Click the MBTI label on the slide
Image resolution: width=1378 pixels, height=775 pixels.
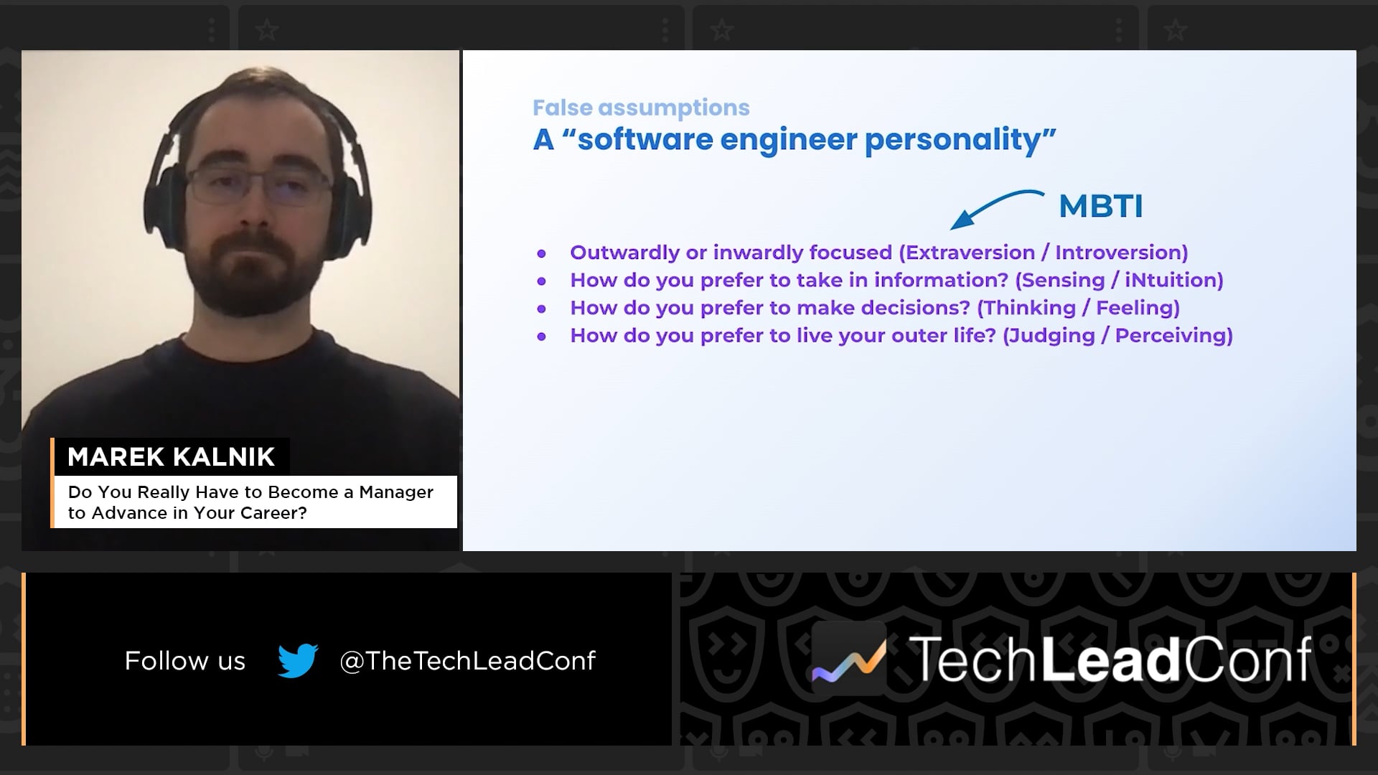(x=1100, y=207)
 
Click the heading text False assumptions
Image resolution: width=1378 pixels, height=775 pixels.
(x=641, y=108)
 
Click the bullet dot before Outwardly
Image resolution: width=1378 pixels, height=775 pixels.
(x=542, y=253)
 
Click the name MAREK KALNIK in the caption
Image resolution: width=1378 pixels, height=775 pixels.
(x=171, y=457)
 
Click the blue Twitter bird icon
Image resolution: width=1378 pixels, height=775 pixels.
(x=298, y=660)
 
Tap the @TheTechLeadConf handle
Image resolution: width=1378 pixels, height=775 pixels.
(x=467, y=661)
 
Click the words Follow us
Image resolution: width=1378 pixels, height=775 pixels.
(x=185, y=661)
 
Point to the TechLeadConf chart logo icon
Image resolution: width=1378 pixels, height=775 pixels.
(x=849, y=658)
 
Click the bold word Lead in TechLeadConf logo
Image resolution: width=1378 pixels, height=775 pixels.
(x=1111, y=659)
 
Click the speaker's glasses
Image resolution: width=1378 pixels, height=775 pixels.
(x=258, y=183)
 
